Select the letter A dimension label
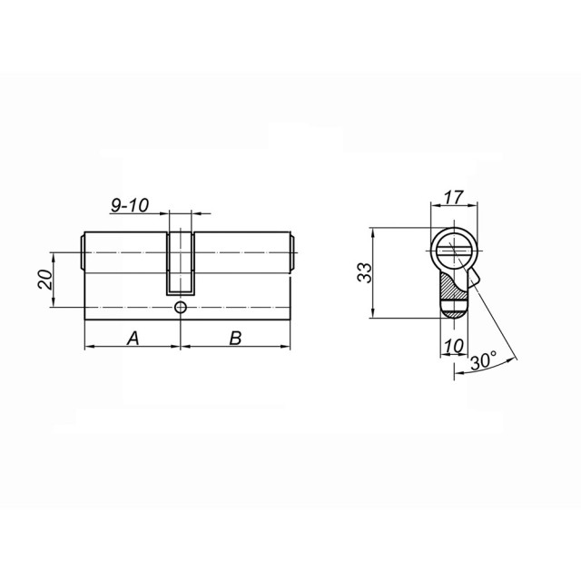click(133, 338)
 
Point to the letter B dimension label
click(235, 338)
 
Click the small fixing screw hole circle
click(182, 309)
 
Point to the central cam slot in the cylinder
click(182, 263)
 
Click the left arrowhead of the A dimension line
click(87, 348)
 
